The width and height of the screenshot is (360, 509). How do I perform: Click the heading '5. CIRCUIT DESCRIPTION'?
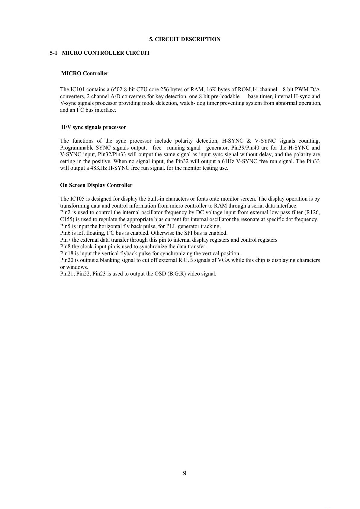coord(185,39)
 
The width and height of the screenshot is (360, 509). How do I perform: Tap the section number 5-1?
coord(53,53)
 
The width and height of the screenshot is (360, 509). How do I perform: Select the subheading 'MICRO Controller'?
coord(85,73)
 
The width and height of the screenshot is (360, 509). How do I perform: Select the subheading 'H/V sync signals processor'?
coord(94,127)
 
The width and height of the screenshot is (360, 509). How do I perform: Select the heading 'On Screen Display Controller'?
coord(96,185)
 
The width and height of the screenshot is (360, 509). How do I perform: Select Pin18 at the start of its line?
coord(66,253)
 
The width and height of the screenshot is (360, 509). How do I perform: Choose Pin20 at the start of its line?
coord(66,260)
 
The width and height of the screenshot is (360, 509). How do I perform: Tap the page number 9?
coord(185,473)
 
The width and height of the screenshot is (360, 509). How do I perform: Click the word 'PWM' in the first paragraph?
coord(301,89)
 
